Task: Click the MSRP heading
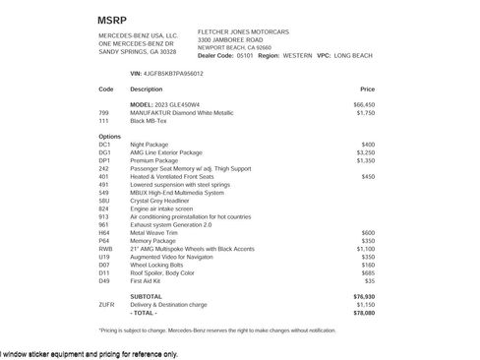(112, 20)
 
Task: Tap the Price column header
(368, 89)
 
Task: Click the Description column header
(147, 89)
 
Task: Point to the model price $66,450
(364, 104)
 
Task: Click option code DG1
(105, 152)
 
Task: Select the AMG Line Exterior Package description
(169, 152)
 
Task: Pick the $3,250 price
(364, 152)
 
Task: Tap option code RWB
(106, 249)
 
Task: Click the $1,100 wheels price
(364, 249)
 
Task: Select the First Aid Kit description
(150, 280)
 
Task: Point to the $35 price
(369, 280)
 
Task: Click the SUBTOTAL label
(146, 296)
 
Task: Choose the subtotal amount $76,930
(364, 296)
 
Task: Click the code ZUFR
(107, 304)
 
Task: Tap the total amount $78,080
(364, 312)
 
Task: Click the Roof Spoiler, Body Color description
(167, 272)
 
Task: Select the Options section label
(110, 137)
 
